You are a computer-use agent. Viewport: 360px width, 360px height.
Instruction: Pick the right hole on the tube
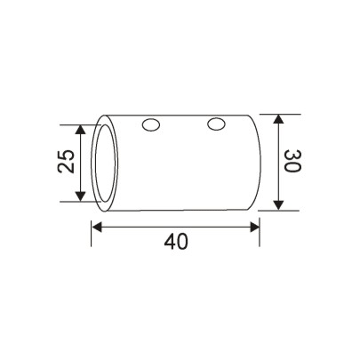coord(215,124)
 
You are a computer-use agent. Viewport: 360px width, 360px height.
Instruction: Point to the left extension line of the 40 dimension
coord(92,233)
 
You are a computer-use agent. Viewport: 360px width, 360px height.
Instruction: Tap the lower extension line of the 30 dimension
coord(276,212)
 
